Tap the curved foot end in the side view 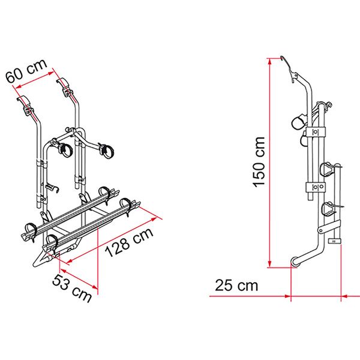pos(295,262)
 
